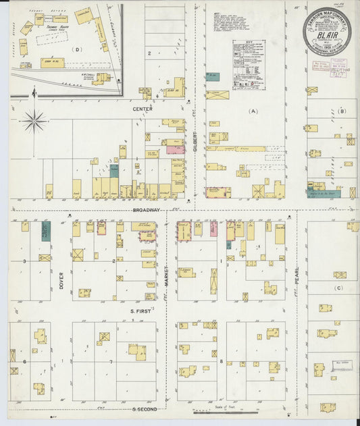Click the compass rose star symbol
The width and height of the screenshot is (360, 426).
pyautogui.click(x=34, y=122)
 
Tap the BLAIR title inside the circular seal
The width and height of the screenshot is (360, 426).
pyautogui.click(x=326, y=30)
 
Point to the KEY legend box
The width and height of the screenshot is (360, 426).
pyautogui.click(x=249, y=65)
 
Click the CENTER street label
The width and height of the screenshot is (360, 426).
pyautogui.click(x=142, y=109)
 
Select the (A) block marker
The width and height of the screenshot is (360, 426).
pyautogui.click(x=253, y=111)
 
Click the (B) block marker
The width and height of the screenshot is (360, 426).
pyautogui.click(x=342, y=111)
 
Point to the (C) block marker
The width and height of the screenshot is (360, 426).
pyautogui.click(x=339, y=288)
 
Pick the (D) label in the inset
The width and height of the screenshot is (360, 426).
pyautogui.click(x=78, y=50)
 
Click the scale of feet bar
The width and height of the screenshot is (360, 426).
pyautogui.click(x=224, y=412)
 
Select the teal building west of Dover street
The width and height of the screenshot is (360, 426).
pyautogui.click(x=46, y=231)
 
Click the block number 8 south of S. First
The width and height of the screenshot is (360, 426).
pyautogui.click(x=221, y=363)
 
